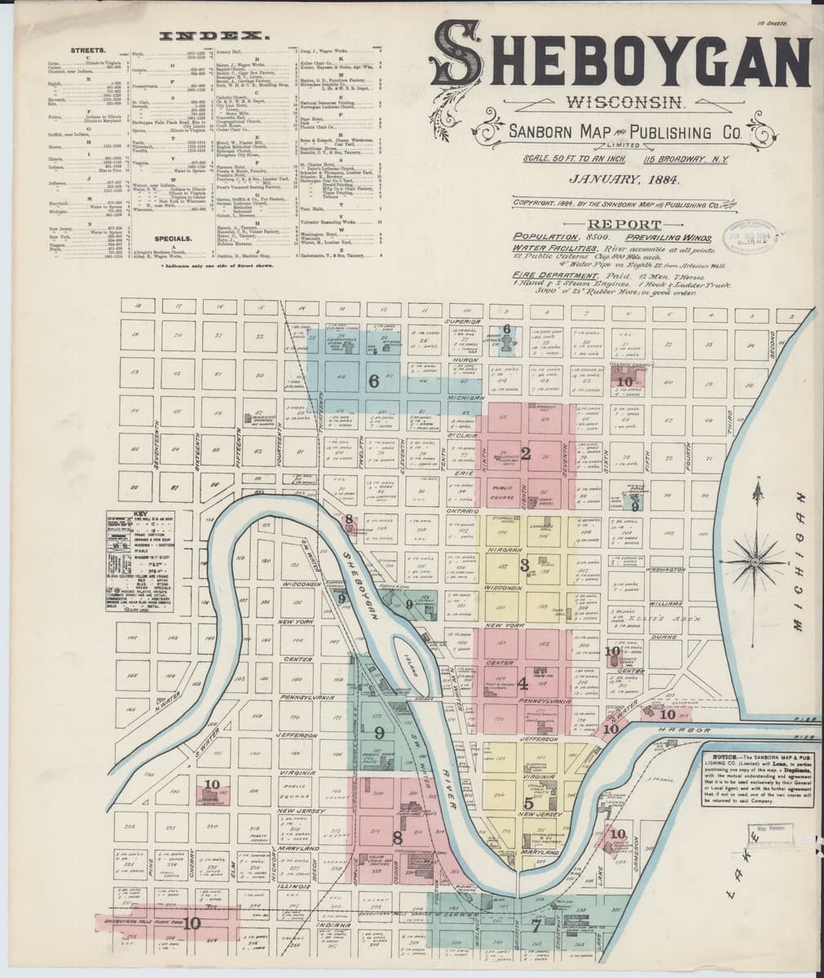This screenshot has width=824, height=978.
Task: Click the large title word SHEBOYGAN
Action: coord(623,57)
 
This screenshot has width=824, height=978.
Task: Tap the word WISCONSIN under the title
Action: coord(624,104)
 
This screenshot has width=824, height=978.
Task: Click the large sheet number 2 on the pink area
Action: coord(526,455)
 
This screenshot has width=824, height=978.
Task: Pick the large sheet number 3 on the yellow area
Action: coord(525,564)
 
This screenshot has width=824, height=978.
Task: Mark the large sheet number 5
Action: coord(528,803)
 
